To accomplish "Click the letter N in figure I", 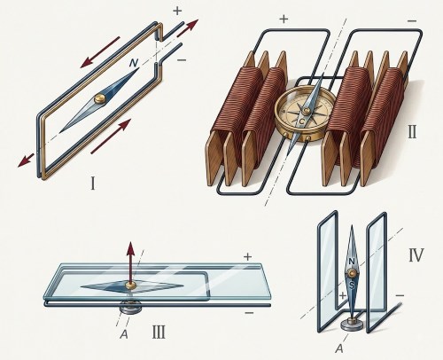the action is click(134, 63).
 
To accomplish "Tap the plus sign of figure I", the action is click(177, 12).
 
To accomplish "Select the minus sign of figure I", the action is click(182, 60).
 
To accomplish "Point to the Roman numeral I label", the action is click(93, 184).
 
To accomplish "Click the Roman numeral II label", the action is click(412, 132).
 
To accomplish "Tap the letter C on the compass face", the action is click(301, 121).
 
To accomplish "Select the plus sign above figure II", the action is click(284, 20).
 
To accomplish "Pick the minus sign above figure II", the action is click(412, 21).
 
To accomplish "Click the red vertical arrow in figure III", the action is click(130, 262).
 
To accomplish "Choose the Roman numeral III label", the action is click(159, 332).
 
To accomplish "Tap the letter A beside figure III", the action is click(124, 334).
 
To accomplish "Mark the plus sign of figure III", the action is click(247, 256).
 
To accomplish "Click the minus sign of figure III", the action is click(249, 313).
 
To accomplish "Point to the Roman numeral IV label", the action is click(416, 255).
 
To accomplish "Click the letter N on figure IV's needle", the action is click(352, 262).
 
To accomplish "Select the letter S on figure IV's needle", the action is click(352, 286).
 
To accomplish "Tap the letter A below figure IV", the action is click(339, 348).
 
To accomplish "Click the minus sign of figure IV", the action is click(400, 295).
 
